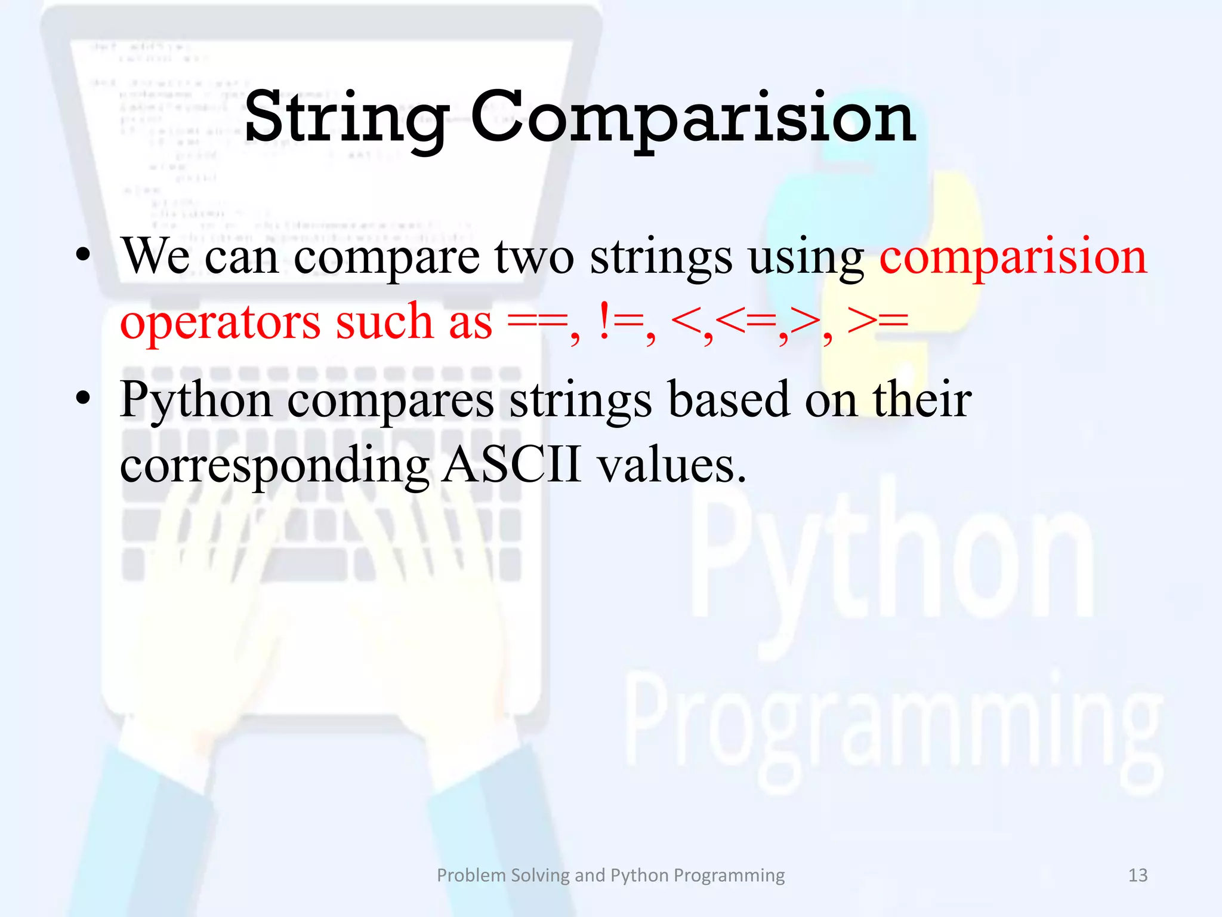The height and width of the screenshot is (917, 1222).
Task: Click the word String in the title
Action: [346, 118]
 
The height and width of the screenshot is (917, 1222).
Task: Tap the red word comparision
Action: [1013, 257]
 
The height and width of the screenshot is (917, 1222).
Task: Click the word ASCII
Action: [512, 465]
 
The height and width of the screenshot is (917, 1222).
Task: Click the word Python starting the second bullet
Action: [196, 401]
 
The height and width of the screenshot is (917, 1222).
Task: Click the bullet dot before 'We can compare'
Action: [84, 257]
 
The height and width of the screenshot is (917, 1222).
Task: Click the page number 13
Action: [1138, 875]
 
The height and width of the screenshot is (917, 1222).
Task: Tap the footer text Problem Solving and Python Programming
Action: [610, 875]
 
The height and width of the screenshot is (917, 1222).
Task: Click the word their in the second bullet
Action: [922, 399]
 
